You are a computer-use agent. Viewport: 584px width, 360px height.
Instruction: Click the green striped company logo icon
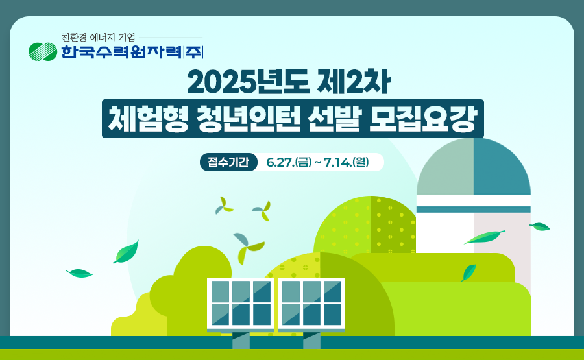point(43,52)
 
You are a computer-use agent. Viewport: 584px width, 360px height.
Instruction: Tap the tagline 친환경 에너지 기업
point(99,37)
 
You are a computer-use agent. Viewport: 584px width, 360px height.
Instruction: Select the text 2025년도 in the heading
point(248,82)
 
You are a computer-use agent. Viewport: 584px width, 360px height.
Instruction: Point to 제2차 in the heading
point(354,82)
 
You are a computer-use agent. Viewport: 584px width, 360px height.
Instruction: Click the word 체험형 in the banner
point(148,119)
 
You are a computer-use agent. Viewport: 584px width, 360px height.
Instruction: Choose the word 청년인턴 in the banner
point(248,119)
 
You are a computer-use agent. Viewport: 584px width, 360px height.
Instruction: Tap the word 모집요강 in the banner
point(422,119)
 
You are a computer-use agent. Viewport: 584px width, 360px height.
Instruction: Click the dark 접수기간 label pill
point(228,162)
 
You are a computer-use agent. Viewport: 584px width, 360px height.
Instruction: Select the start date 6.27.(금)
point(289,162)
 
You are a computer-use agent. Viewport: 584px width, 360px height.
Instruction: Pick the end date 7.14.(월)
point(347,162)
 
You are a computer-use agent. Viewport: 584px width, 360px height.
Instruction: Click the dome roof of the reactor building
point(474,167)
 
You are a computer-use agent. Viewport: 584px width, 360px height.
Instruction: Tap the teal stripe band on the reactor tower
point(474,210)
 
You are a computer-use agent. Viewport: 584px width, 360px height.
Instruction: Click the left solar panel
point(241,304)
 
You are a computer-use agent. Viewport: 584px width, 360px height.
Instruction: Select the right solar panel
point(311,304)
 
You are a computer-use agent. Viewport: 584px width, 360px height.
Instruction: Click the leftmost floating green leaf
point(79,273)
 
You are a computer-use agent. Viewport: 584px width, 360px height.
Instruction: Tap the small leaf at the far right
point(540,226)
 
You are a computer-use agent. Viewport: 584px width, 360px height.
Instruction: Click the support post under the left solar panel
point(241,341)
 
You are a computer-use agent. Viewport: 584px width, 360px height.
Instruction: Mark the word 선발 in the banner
point(334,119)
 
